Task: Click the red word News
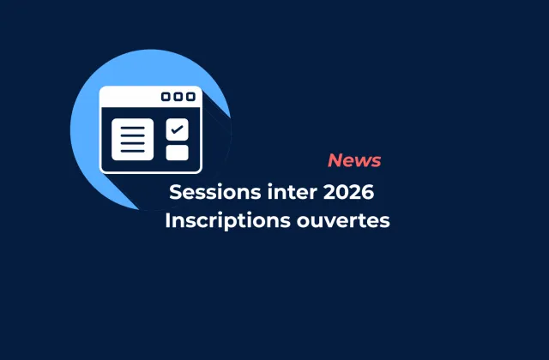point(354,160)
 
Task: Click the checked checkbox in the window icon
point(177,129)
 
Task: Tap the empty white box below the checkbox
point(177,153)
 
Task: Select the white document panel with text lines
point(132,140)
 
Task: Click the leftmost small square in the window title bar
point(166,97)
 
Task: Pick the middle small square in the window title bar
point(178,97)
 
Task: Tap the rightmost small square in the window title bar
point(190,97)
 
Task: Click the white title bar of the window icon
point(129,97)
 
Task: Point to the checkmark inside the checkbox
point(177,129)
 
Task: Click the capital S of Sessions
point(175,189)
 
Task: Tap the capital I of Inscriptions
point(168,220)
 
